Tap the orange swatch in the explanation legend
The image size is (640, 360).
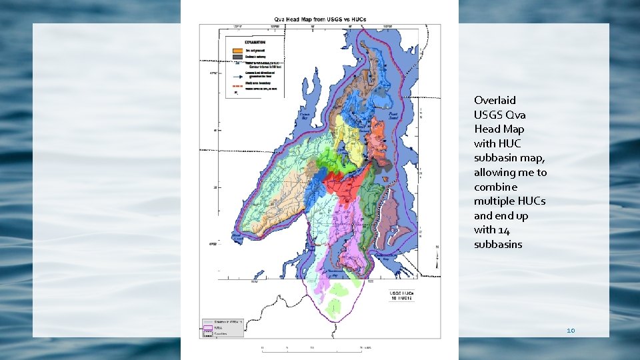[237, 50]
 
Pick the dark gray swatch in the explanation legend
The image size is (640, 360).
[237, 57]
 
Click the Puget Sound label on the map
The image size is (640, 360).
[394, 116]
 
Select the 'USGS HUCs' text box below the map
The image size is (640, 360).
[403, 295]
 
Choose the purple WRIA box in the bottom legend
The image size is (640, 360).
[207, 327]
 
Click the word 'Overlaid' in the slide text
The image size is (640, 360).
[495, 101]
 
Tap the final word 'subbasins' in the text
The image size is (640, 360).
[498, 245]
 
